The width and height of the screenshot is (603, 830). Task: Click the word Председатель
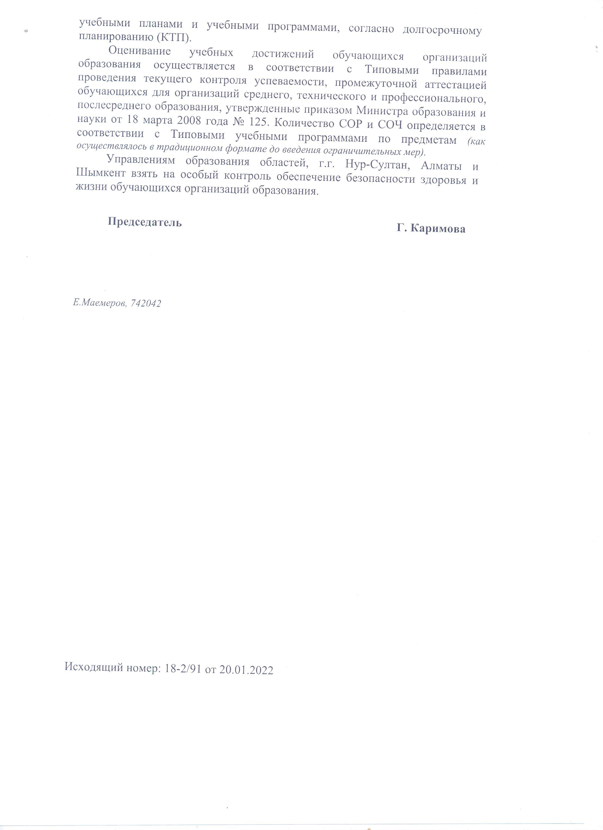(x=144, y=222)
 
